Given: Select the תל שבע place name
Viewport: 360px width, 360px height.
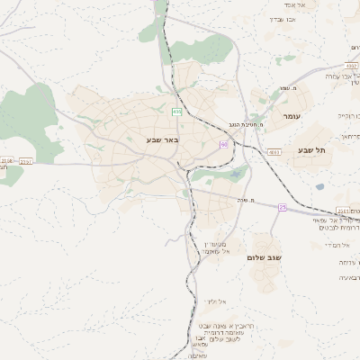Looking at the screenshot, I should pos(309,150).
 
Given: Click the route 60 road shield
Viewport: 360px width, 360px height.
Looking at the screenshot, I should pos(222,144).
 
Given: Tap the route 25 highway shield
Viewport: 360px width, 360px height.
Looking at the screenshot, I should pos(282,208).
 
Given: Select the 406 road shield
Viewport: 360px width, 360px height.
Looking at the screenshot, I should pos(176,112).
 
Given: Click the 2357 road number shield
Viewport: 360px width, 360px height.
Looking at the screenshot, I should pos(25,162).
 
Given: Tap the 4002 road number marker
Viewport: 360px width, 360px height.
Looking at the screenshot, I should pos(351,66).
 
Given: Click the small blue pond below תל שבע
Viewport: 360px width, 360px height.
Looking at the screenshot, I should pos(319,187).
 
